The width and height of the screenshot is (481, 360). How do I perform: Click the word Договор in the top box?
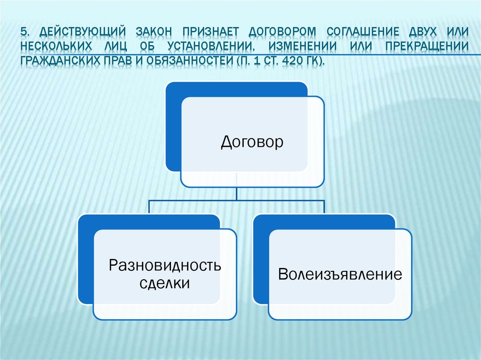pos(252,142)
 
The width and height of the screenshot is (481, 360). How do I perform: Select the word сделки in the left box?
pos(165,283)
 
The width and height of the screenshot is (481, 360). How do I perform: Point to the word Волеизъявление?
pos(340,274)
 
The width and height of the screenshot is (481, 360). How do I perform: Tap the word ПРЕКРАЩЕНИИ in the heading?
pos(427,47)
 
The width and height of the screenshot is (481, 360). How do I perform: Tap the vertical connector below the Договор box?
pos(237,193)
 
